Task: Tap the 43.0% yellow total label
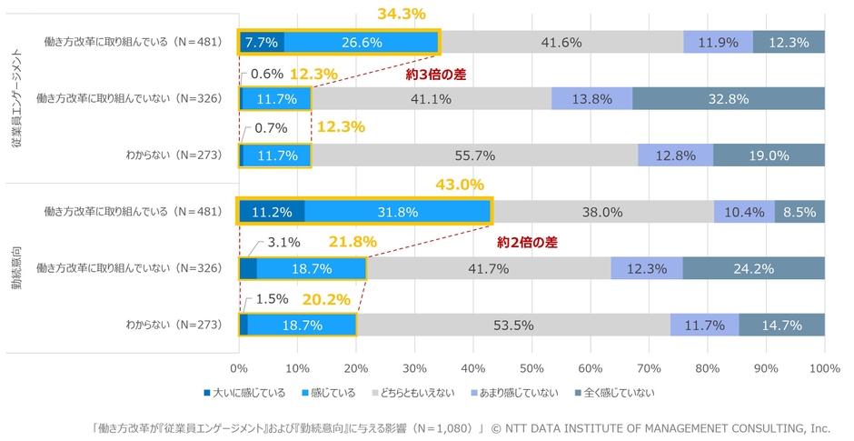(460, 185)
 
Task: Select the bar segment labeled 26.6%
(362, 42)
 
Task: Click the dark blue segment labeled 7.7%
(262, 42)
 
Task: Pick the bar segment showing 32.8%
(729, 99)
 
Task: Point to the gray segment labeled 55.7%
(474, 155)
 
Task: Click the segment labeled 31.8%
(398, 212)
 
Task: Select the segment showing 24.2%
(753, 268)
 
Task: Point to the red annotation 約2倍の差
(526, 243)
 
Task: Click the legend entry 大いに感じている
(243, 393)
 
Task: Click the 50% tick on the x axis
(532, 369)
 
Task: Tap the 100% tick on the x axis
(823, 369)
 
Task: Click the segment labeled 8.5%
(799, 212)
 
